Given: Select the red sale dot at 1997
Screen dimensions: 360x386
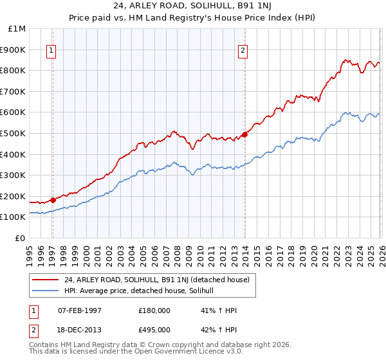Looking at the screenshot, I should (53, 200).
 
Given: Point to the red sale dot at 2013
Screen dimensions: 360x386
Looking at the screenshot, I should (244, 134).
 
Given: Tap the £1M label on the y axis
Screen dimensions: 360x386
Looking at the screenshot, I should (17, 28).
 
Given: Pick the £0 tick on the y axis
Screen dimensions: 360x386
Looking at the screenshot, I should (21, 238).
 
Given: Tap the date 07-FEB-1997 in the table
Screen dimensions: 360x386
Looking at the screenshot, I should (81, 310).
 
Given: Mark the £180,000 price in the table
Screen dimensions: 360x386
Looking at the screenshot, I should (154, 310).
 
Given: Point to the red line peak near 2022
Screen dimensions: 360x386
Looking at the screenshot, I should (345, 60).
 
